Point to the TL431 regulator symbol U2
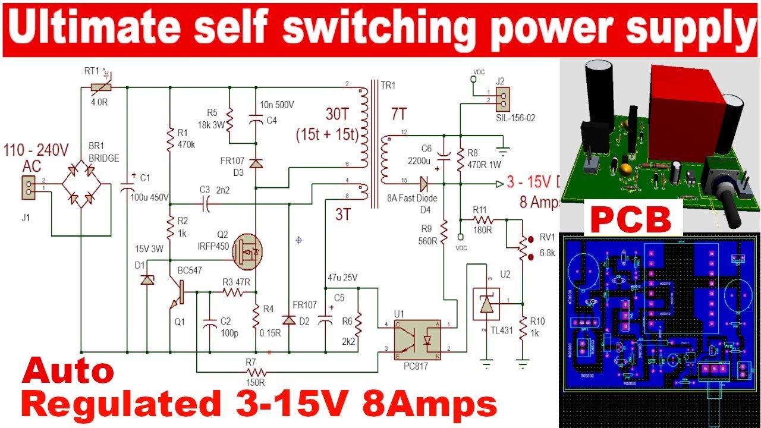pyautogui.click(x=486, y=304)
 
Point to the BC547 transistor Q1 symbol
pyautogui.click(x=178, y=292)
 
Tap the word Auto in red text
pyautogui.click(x=67, y=372)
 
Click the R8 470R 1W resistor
pyautogui.click(x=460, y=158)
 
